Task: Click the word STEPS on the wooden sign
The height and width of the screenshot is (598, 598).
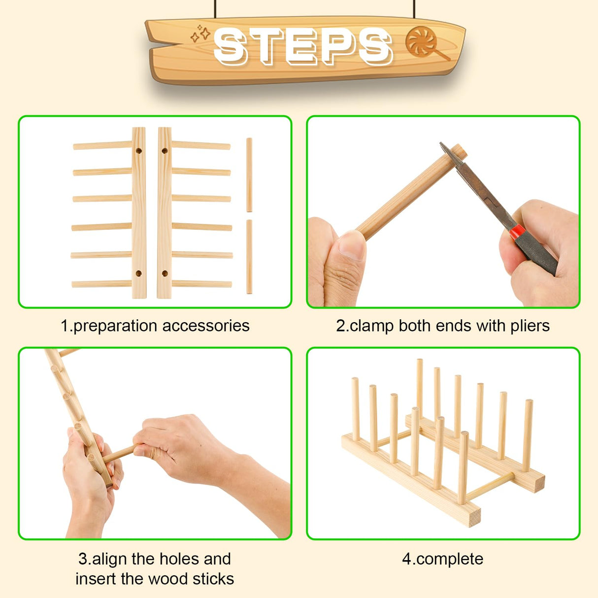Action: coord(302,47)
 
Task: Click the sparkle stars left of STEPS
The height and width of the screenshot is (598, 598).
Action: coord(200,34)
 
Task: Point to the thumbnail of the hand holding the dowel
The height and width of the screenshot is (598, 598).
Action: coord(352,245)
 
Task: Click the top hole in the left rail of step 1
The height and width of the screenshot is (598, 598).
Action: coord(139,151)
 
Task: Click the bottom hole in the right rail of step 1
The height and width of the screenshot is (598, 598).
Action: coord(165,273)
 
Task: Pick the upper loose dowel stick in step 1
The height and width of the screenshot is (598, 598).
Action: coord(249,175)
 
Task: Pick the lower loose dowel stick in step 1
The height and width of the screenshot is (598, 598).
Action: coord(249,257)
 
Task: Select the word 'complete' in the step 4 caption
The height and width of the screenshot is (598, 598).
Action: coord(450,559)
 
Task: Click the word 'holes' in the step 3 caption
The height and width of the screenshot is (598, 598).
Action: coord(176,559)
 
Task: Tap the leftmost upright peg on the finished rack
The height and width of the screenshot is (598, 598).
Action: coord(355,409)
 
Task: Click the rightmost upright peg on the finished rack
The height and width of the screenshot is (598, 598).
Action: coord(528,435)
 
